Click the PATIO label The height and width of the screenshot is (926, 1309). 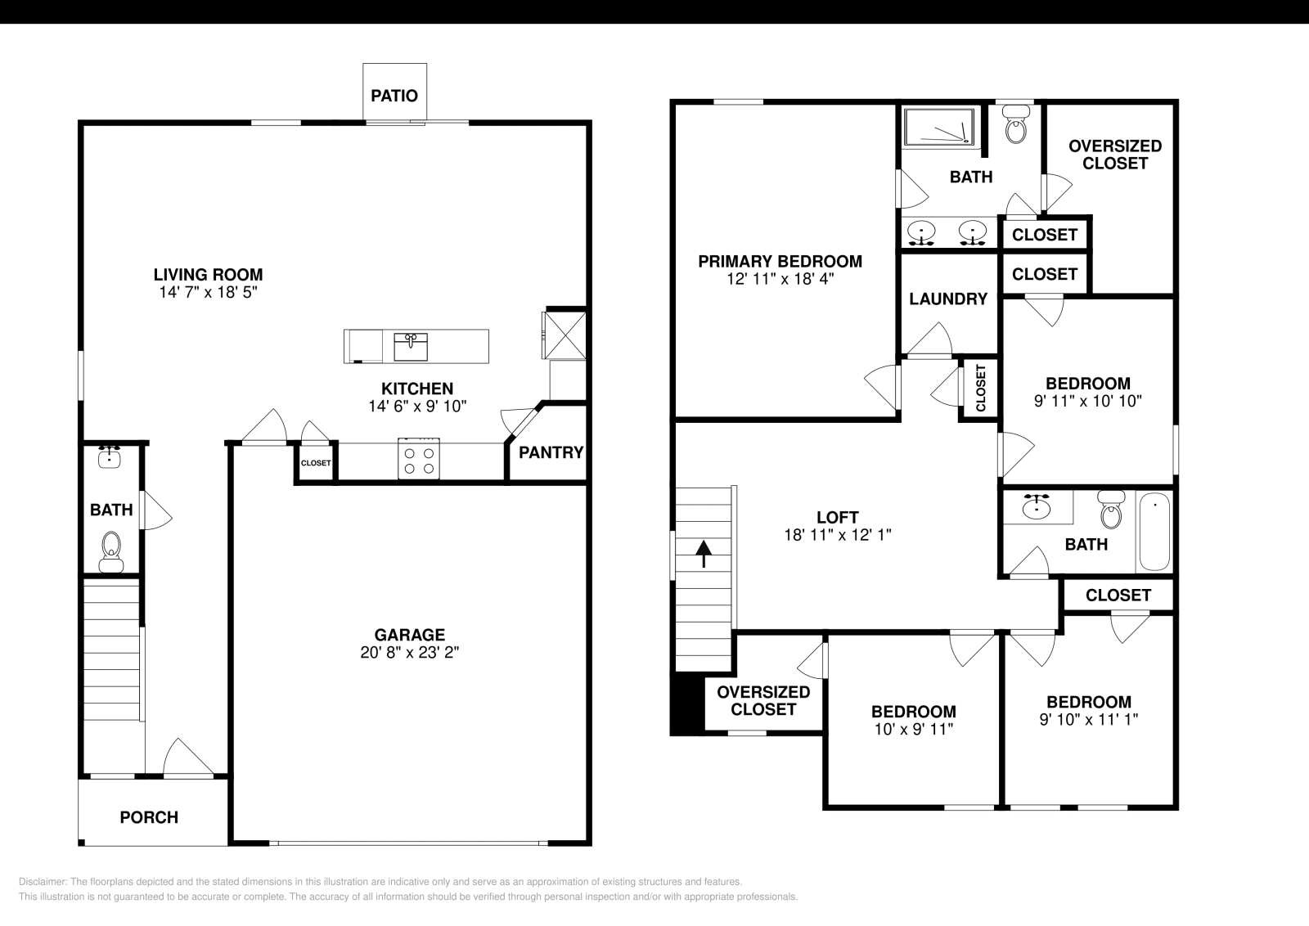[x=394, y=96]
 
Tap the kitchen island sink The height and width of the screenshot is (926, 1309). [x=411, y=347]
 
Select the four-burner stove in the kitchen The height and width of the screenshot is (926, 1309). [x=419, y=459]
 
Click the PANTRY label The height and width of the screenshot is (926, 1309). [x=551, y=452]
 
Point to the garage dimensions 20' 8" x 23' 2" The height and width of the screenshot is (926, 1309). [x=410, y=653]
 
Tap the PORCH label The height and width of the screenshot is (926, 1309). [x=149, y=817]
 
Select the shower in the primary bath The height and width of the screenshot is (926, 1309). [x=940, y=126]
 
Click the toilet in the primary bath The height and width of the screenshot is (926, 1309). [x=1015, y=124]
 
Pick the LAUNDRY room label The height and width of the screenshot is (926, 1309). [x=948, y=299]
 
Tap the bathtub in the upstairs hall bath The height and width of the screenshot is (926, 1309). [x=1154, y=532]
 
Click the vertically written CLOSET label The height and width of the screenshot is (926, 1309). [x=981, y=388]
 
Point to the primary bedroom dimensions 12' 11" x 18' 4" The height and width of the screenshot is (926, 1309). [x=780, y=279]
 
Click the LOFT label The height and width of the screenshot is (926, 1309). [x=838, y=518]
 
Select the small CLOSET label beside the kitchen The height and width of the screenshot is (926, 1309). [x=316, y=463]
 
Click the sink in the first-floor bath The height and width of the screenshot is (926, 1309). [x=110, y=457]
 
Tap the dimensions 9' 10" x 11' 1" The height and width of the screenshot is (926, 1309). [x=1089, y=719]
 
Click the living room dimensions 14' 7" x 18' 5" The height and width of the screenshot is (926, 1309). [x=209, y=292]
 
